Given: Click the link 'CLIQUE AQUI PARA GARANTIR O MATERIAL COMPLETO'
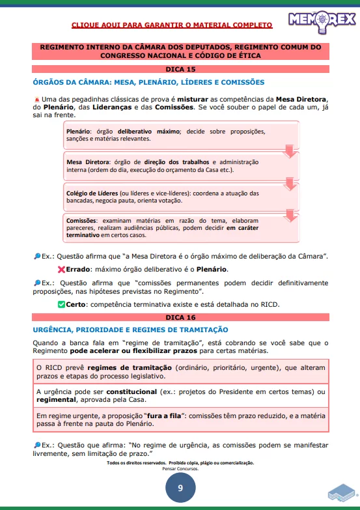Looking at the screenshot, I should click(172, 25).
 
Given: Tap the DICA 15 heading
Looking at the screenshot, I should click(180, 68).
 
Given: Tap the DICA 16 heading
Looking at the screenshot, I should click(180, 317).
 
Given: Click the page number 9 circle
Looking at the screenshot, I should click(180, 488).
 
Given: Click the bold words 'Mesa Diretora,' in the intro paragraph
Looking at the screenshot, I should click(302, 98).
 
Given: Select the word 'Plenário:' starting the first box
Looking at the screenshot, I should click(79, 132).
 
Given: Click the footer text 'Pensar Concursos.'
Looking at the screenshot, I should click(180, 468).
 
